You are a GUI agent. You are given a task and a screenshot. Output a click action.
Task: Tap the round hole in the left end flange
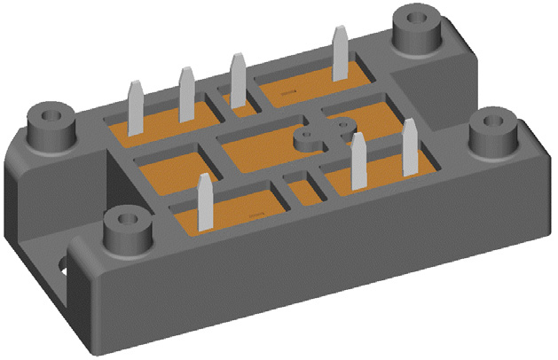63,266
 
